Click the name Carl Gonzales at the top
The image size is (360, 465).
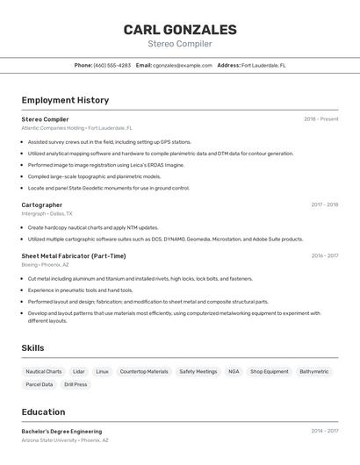point(180,30)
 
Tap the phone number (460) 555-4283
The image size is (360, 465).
point(112,65)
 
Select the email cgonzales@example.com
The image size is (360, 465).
point(183,65)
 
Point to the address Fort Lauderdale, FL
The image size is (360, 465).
point(263,65)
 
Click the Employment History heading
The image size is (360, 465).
point(65,100)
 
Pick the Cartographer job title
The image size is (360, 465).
point(42,204)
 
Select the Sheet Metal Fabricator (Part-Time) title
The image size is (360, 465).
point(74,256)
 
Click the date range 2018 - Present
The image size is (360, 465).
point(320,119)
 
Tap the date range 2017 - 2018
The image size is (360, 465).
point(324,204)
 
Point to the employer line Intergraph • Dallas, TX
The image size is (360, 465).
point(47,213)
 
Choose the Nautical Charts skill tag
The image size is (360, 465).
point(44,371)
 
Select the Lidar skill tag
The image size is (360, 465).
point(79,371)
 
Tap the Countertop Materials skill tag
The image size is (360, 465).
point(144,371)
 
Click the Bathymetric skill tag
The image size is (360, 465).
point(313,371)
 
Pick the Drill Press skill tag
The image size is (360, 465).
point(76,384)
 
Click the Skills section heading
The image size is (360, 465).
point(33,348)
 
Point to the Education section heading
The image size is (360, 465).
point(43,411)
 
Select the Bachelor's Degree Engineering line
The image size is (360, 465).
point(61,432)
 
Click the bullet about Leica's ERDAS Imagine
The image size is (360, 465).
point(106,165)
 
